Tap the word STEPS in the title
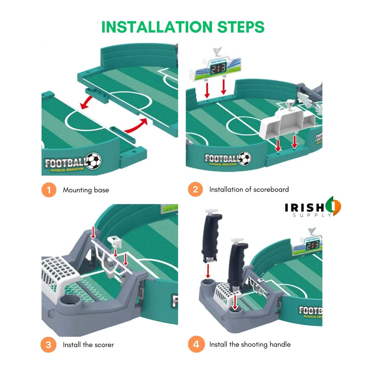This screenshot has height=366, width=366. coord(241,27)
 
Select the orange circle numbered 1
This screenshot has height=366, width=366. coord(49,190)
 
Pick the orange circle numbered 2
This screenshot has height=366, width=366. coord(195,189)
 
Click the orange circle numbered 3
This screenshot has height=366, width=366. coord(48,345)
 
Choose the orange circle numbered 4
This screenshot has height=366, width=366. coord(196,344)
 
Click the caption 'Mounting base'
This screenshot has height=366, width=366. coord(86,190)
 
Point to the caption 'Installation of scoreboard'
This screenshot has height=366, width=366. coord(249,189)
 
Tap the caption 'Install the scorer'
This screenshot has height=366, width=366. coord(88,345)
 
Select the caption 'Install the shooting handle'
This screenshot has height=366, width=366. coord(250,344)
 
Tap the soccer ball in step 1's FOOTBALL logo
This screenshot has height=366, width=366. coord(93,161)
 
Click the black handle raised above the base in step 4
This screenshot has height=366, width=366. coord(211,236)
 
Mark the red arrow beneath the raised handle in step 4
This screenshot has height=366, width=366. coord(208,271)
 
